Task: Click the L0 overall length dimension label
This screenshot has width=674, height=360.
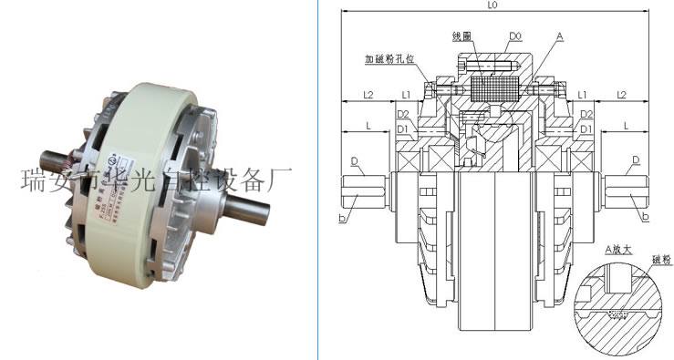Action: (493, 5)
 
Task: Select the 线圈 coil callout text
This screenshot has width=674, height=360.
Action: (464, 36)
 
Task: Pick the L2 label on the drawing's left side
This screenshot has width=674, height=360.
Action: (368, 94)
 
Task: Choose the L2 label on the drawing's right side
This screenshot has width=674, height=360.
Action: (620, 94)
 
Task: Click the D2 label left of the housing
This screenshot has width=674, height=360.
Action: (403, 113)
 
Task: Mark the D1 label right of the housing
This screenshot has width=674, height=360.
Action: (586, 129)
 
